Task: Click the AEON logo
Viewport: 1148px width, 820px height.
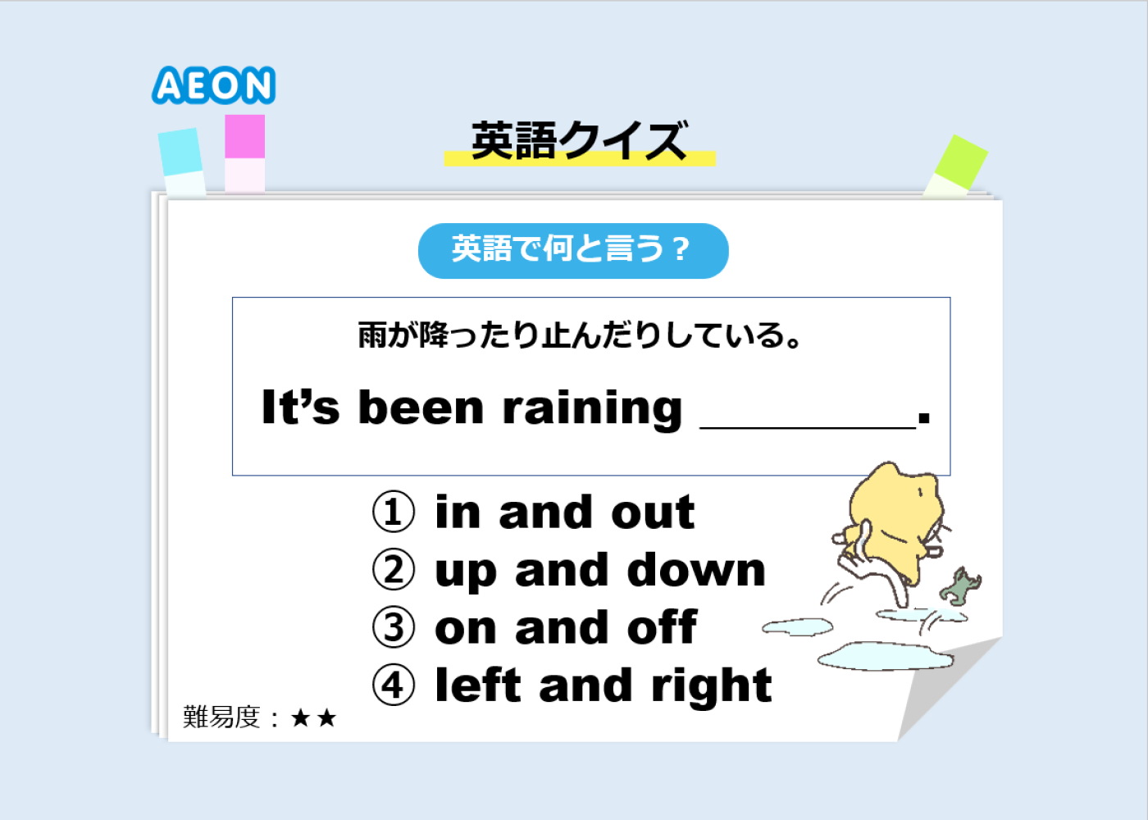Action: [214, 85]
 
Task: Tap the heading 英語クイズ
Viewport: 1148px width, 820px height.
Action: [580, 140]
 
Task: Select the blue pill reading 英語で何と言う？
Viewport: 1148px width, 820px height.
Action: [573, 251]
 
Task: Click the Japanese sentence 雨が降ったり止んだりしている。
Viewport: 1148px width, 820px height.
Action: [579, 335]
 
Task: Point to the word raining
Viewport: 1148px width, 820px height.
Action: [592, 408]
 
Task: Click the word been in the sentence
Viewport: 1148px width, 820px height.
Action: [421, 408]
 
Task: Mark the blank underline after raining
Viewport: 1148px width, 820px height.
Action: [808, 427]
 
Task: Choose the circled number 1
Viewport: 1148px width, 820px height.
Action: [393, 512]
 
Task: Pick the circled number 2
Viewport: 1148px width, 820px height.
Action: [393, 569]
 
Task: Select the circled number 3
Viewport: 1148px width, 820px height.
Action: [393, 626]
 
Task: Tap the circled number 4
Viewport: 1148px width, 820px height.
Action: [393, 685]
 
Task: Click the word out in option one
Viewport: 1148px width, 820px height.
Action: [653, 512]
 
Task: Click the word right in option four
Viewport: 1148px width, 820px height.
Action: [712, 687]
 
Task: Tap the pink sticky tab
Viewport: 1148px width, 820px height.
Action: [245, 153]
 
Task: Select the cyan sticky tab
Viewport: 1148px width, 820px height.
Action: [182, 162]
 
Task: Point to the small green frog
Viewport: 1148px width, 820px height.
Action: [960, 584]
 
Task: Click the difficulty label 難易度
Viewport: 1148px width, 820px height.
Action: [221, 717]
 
